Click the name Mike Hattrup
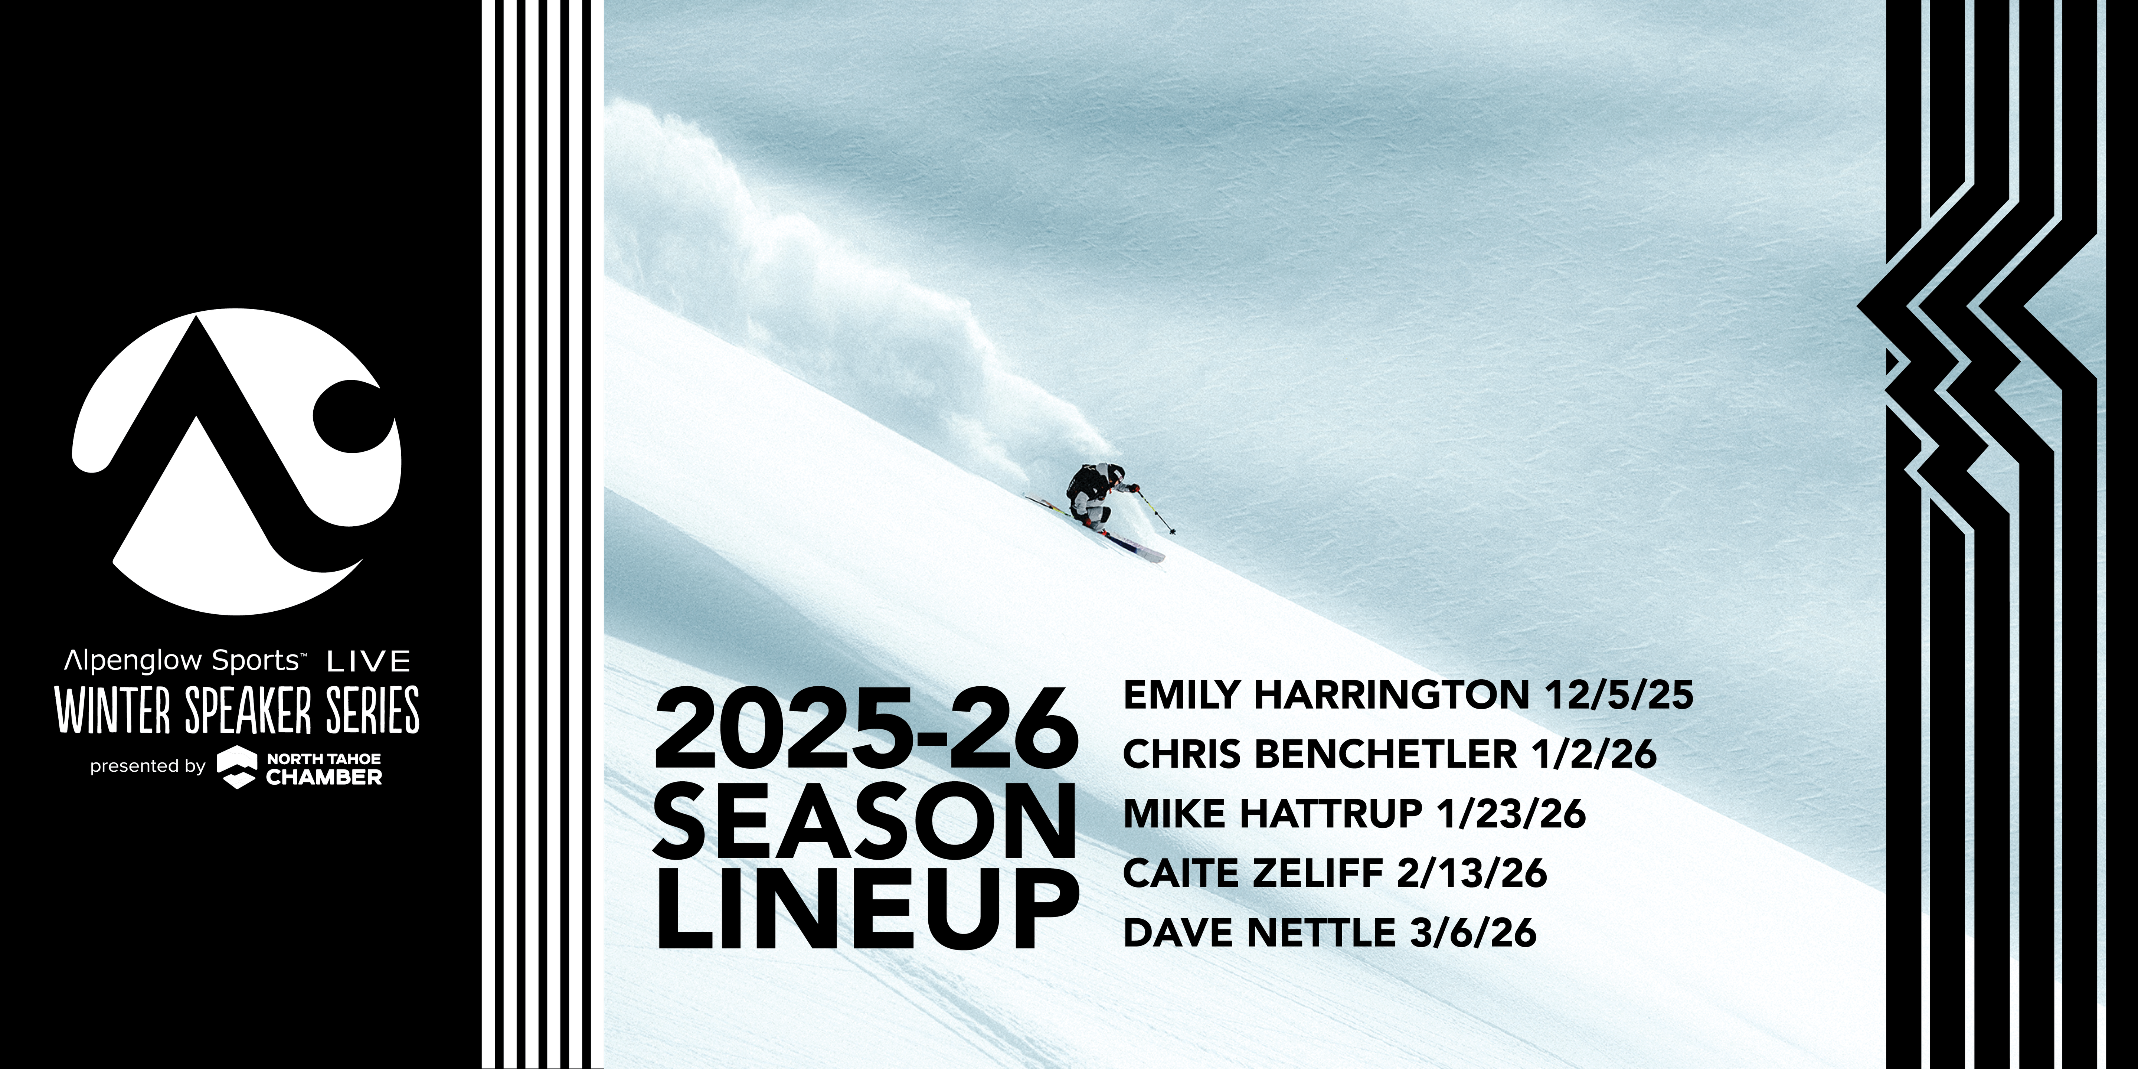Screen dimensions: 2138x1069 pos(1272,813)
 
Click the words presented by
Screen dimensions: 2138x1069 pos(148,766)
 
